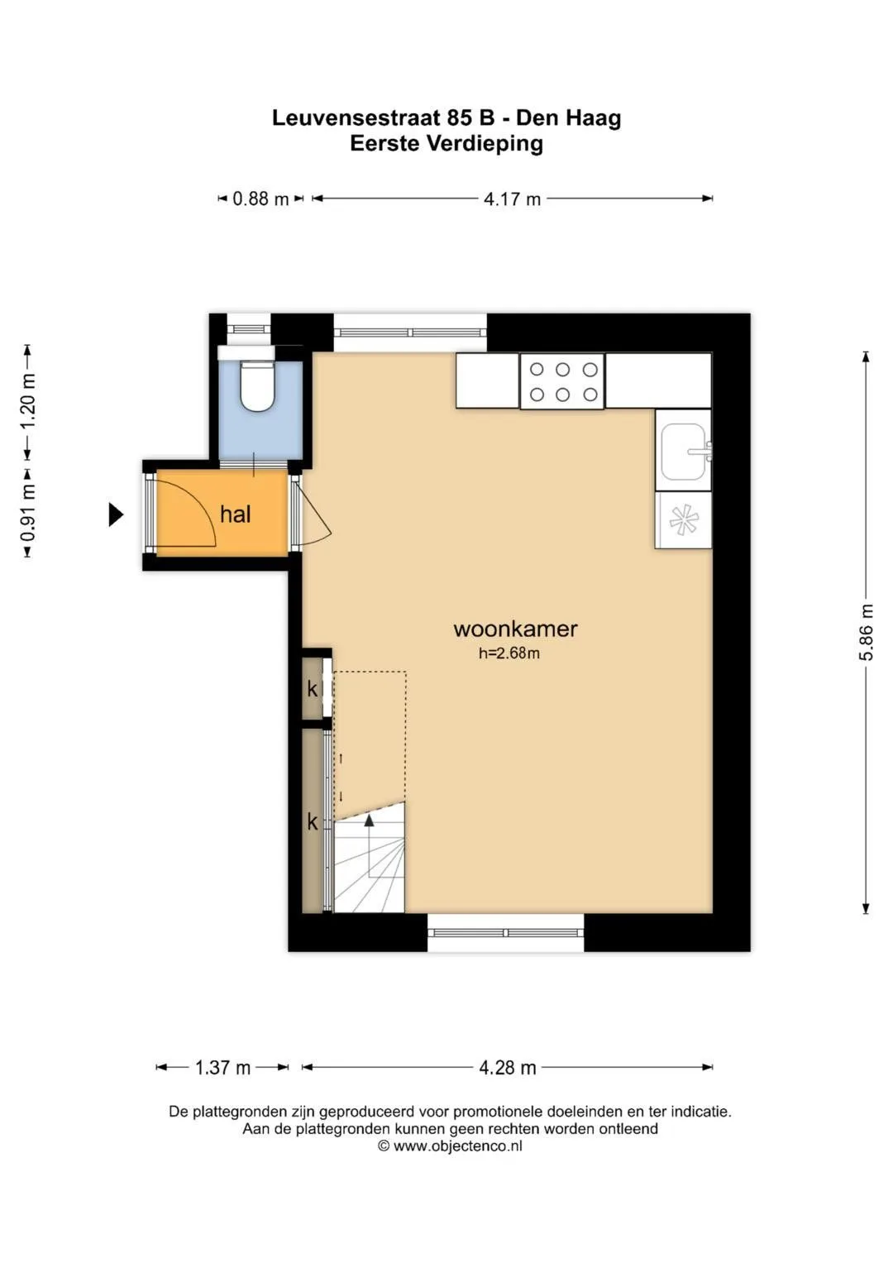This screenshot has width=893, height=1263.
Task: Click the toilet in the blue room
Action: [x=257, y=385]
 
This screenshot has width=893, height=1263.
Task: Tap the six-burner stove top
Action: [x=562, y=381]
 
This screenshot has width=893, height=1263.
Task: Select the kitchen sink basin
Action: [x=684, y=452]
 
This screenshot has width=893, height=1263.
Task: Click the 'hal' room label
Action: [x=235, y=514]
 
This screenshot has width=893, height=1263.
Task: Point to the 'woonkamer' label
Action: [x=515, y=629]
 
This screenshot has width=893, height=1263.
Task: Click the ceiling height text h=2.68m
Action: [x=509, y=653]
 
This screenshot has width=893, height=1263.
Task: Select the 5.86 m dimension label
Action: [x=867, y=632]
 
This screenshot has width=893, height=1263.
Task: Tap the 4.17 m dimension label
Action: [x=512, y=199]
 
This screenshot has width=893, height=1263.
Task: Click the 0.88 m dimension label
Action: [x=260, y=199]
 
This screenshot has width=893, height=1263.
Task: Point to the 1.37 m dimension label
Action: [x=222, y=1067]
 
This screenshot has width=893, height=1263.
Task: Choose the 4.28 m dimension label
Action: [x=508, y=1067]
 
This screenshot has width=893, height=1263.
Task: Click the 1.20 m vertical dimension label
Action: [x=28, y=401]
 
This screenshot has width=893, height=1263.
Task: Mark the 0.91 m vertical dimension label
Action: [x=28, y=513]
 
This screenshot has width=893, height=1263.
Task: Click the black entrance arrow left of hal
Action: [x=116, y=514]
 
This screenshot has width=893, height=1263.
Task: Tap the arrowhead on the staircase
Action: [x=369, y=820]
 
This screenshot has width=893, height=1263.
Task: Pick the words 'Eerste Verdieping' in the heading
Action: [x=446, y=144]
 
